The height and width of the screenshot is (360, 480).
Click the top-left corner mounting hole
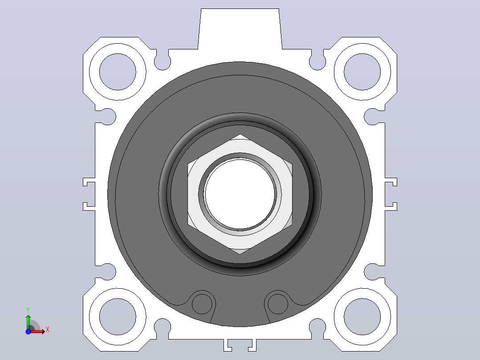coord(118,72)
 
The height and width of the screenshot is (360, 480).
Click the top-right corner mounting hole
coord(362,72)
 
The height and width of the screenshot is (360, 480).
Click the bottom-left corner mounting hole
coord(118,317)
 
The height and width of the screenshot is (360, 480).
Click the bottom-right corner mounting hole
coord(362,317)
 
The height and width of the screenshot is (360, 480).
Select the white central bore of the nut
coord(240,194)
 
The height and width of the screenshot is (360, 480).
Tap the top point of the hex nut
coord(240,134)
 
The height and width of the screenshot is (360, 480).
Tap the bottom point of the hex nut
coord(240,254)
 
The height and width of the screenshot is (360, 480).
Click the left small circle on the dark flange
coord(202,304)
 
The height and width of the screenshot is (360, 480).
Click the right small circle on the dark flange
coord(278,304)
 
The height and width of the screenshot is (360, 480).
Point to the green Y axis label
coord(28,310)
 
